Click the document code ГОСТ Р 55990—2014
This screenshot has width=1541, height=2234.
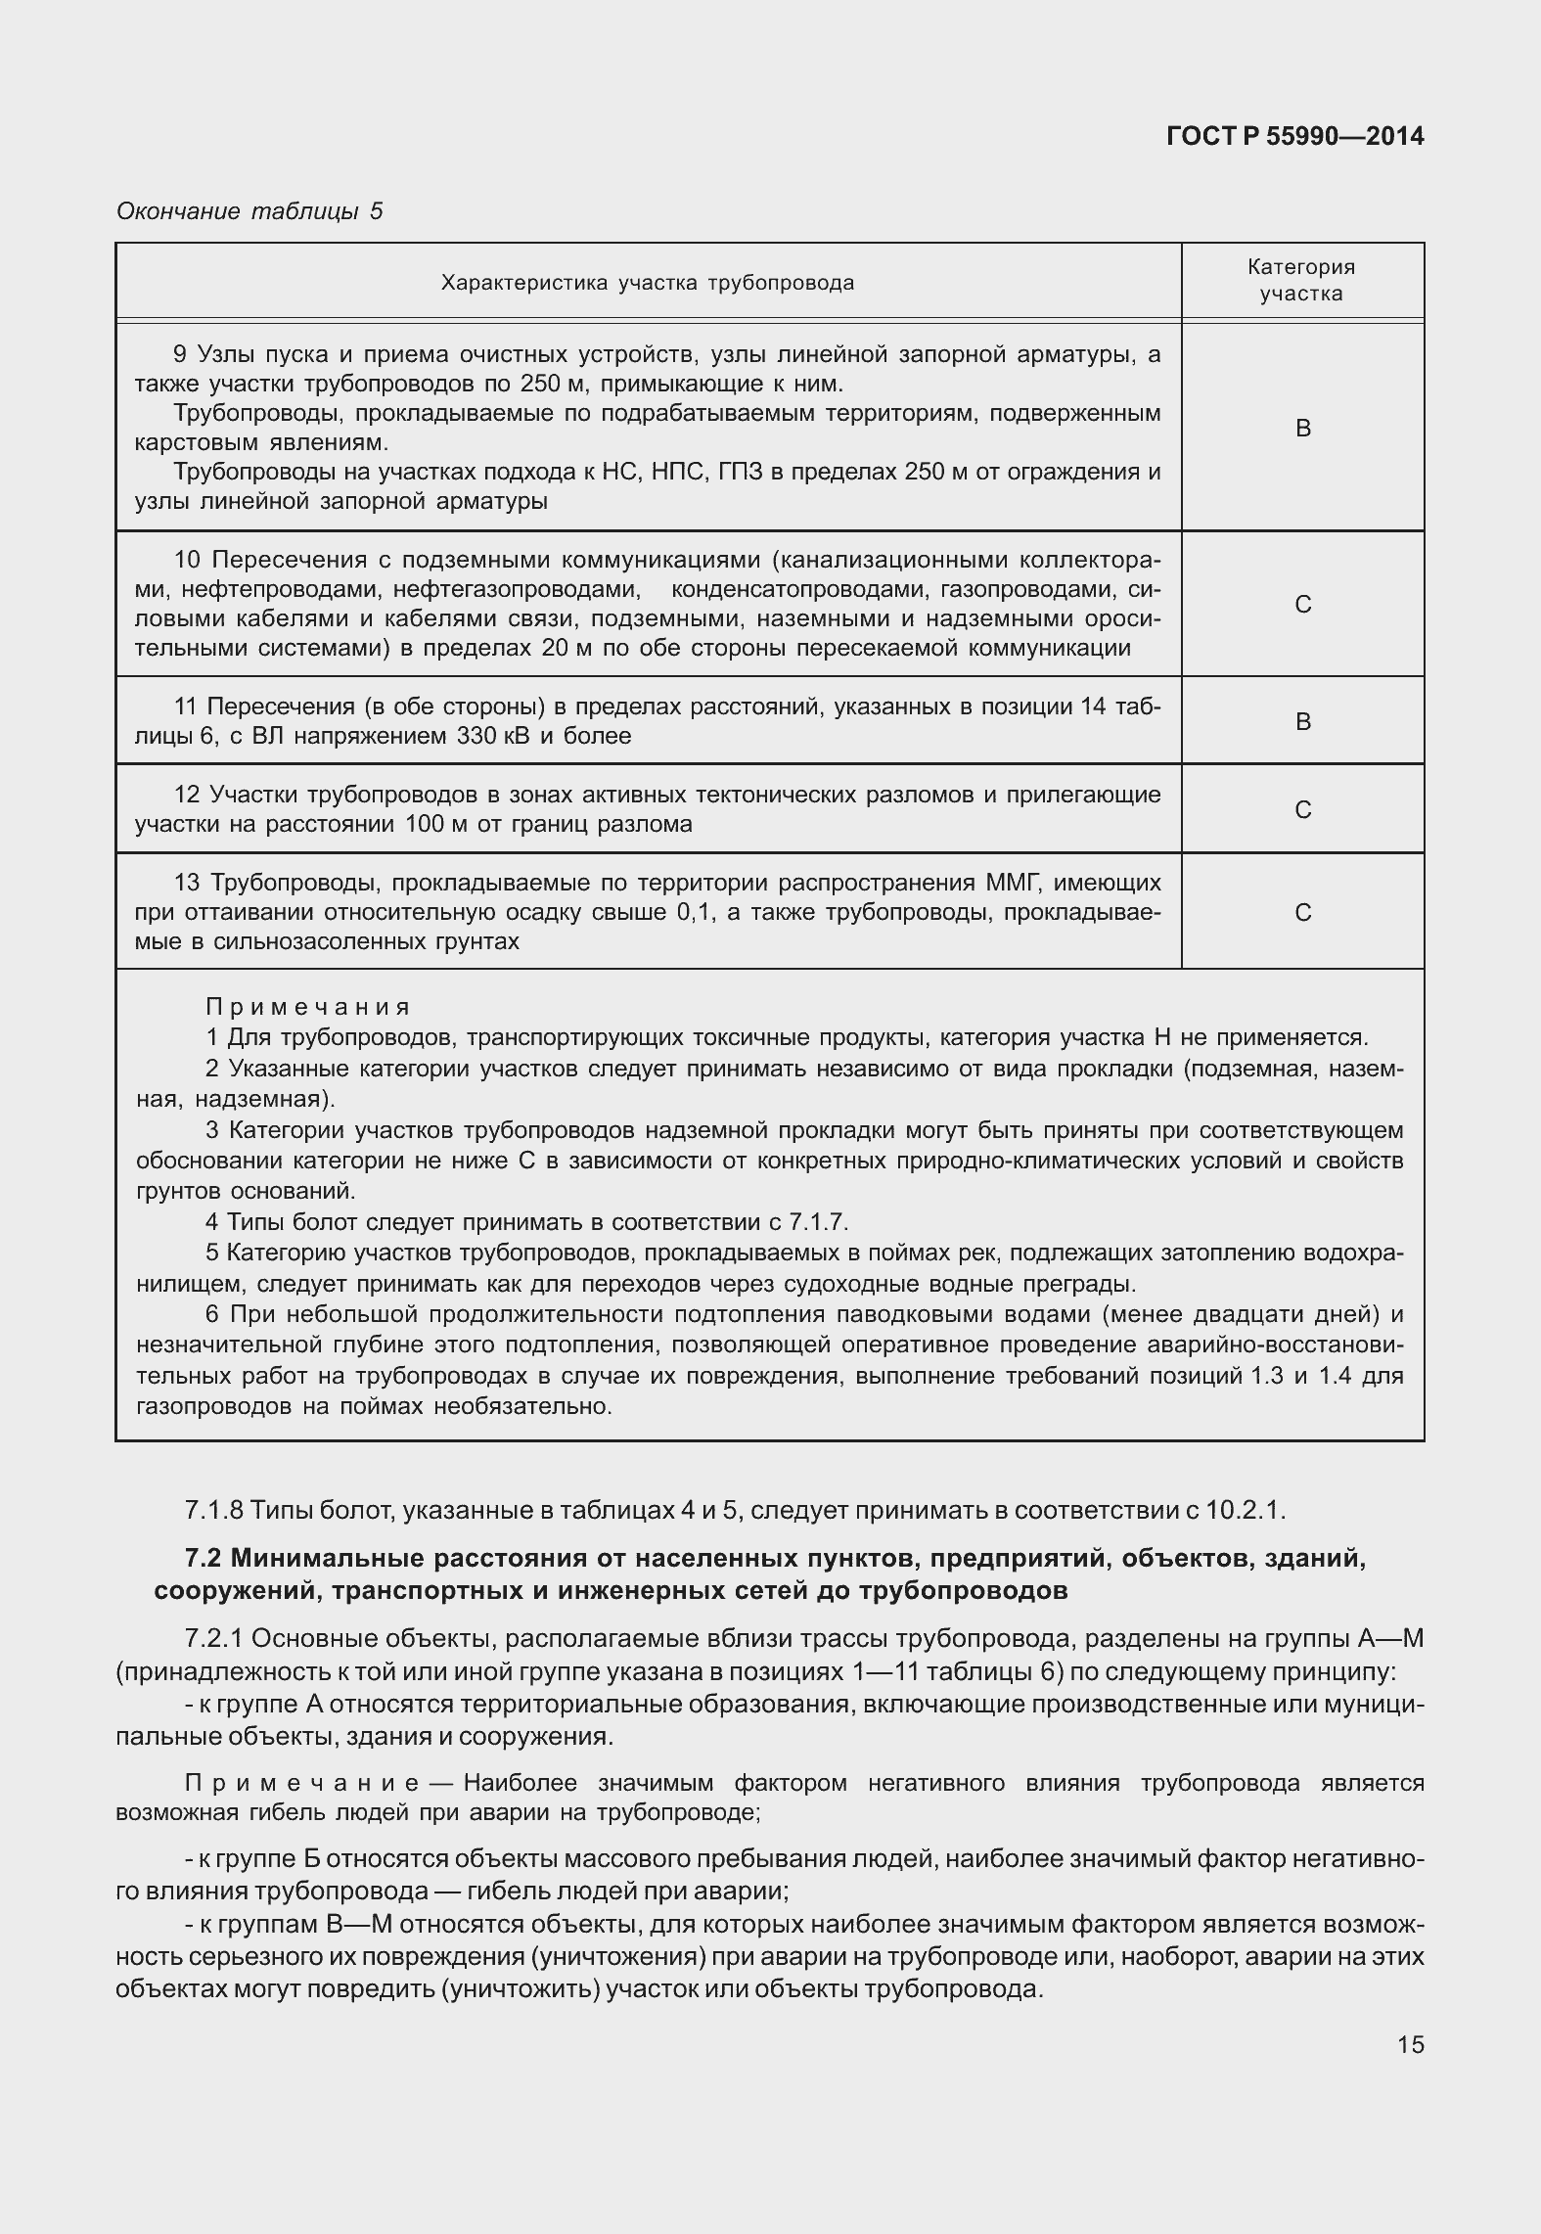[1294, 137]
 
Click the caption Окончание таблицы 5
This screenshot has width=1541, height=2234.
[249, 210]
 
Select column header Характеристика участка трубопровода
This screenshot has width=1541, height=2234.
[648, 284]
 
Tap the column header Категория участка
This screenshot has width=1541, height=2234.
[1301, 280]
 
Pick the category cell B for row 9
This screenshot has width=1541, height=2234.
[1302, 429]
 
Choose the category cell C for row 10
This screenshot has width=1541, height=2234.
[1302, 605]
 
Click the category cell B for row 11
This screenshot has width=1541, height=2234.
[1302, 722]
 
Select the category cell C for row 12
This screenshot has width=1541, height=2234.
[1302, 810]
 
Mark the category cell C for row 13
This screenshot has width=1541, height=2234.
[1302, 913]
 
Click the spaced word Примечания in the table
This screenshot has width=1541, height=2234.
[308, 1007]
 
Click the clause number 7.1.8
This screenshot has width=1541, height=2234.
[213, 1510]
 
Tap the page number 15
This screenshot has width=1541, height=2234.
[1410, 2044]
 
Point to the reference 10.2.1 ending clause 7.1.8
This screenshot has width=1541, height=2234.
[1243, 1510]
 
